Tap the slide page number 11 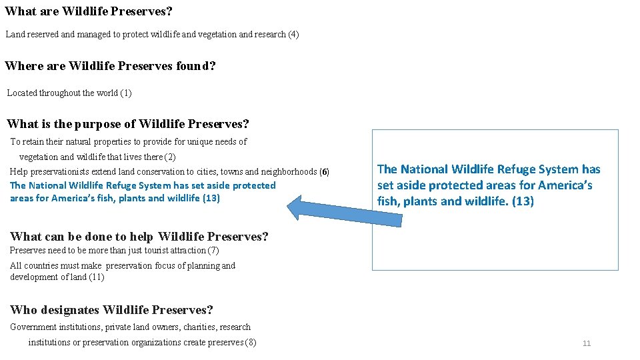tap(587, 343)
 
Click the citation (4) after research tap(293, 34)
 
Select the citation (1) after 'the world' tap(126, 93)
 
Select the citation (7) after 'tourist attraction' tap(213, 251)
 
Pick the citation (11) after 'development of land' tap(96, 277)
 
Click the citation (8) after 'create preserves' tap(251, 343)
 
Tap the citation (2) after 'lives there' tap(170, 157)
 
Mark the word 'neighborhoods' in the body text tap(289, 172)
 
